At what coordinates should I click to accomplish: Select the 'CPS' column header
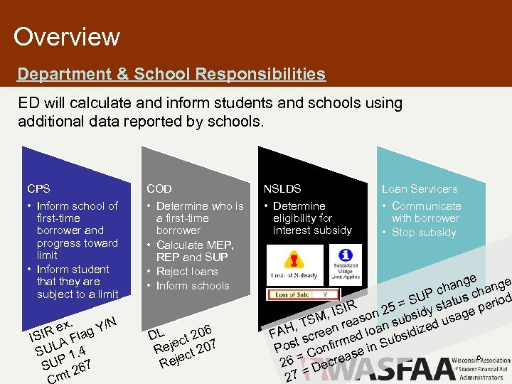coord(38,189)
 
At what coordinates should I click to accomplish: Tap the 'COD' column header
coord(159,189)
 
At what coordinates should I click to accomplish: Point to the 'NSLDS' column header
coord(282,189)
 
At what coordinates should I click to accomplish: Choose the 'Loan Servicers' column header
coord(420,189)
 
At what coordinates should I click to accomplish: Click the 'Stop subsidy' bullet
coord(424,233)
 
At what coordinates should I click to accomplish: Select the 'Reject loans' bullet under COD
coord(187,272)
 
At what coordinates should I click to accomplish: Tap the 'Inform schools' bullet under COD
coord(192,286)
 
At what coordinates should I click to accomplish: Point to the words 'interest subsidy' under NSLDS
coord(312,230)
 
